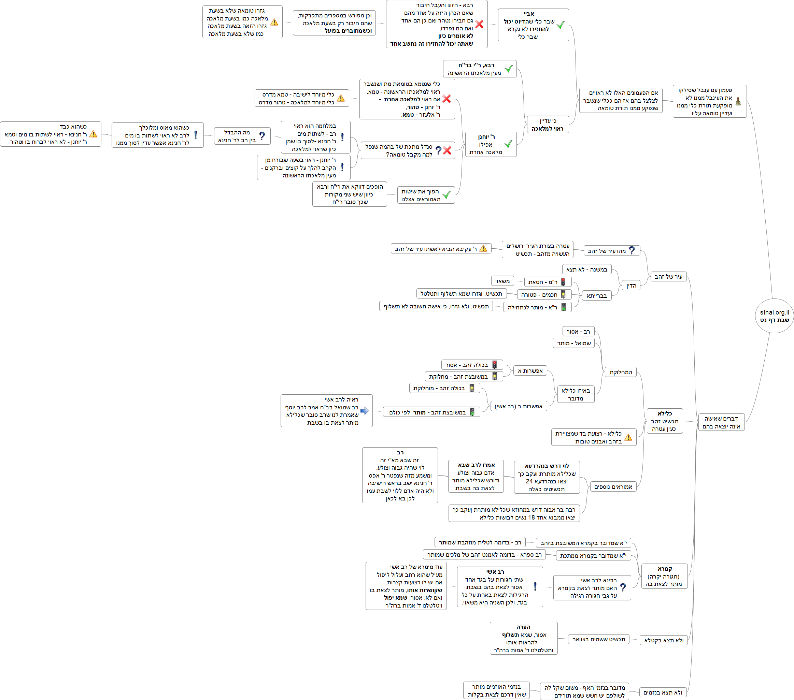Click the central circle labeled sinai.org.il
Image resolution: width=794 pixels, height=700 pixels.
pos(774,316)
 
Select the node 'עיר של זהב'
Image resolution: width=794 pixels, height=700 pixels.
pos(668,276)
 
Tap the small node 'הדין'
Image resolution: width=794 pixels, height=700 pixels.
pos(631,286)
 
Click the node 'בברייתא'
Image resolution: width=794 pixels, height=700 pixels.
pos(596,296)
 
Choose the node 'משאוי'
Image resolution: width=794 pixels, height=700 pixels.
pos(502,281)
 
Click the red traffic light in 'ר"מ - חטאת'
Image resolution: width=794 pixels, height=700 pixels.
pos(563,282)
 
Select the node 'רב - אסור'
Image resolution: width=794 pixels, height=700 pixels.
pos(578,332)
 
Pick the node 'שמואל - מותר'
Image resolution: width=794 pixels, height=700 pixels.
pos(574,343)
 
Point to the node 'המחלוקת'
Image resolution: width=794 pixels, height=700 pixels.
pos(620,372)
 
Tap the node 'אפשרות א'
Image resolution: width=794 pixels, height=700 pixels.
pos(530,371)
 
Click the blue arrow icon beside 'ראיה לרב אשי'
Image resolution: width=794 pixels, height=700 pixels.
pos(364,411)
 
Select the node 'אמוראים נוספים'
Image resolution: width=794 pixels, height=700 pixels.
pos(613,487)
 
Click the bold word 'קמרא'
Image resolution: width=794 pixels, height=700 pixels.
pos(665,569)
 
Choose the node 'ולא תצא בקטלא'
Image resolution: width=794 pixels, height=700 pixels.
pos(664,640)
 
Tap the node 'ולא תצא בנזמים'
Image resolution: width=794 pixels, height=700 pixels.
pos(662,692)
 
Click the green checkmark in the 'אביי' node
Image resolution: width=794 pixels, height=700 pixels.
pos(561,25)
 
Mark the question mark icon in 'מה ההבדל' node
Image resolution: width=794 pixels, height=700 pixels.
pos(262,136)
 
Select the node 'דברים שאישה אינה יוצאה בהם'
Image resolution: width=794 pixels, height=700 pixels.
pos(721,422)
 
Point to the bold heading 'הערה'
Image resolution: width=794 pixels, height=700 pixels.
pos(523,627)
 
